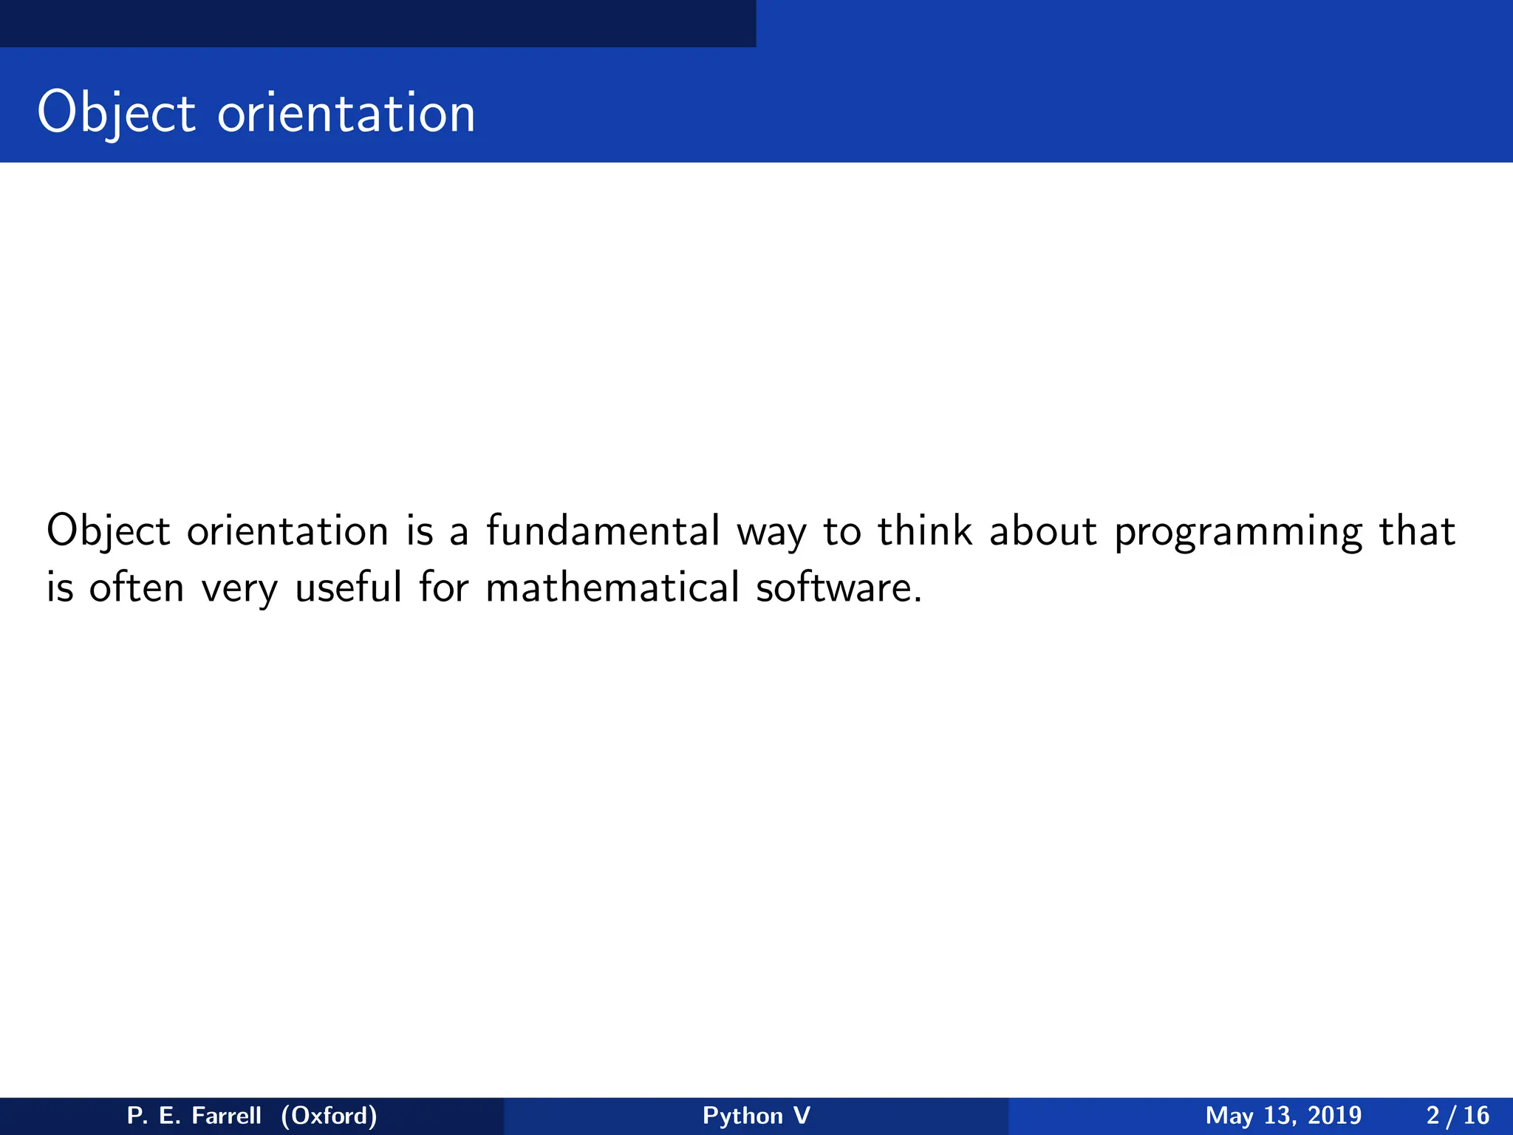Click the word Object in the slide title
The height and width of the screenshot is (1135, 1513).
pos(116,113)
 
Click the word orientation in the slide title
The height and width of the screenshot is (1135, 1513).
pos(346,113)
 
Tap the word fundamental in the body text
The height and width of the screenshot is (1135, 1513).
pos(602,531)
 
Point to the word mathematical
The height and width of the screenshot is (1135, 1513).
pos(612,587)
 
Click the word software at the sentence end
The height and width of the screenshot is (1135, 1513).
pos(838,587)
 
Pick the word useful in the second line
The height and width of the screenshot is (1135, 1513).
pos(348,587)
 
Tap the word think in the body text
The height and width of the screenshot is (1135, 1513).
pos(924,531)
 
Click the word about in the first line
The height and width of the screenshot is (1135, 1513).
pos(1042,531)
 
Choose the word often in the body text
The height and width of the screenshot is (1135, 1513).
pos(136,587)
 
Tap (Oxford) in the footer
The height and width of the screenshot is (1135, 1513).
pos(329,1115)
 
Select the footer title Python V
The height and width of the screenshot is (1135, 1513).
pos(756,1115)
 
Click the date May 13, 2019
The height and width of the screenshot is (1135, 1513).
pos(1283,1115)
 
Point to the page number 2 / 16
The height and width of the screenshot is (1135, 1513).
pos(1457,1115)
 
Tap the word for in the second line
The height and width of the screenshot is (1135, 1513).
pos(443,587)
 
